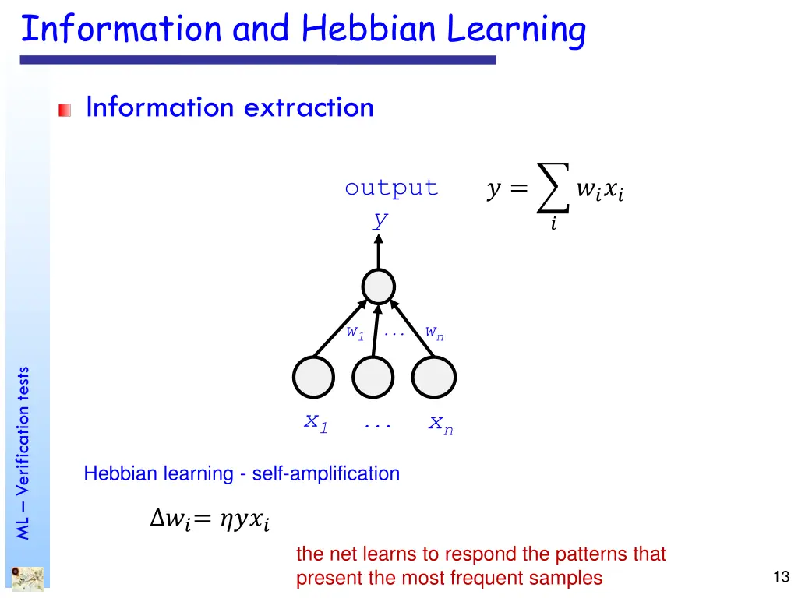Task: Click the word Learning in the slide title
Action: click(516, 31)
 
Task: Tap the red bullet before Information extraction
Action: click(64, 111)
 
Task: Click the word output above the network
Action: click(391, 188)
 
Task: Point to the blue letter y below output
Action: click(380, 220)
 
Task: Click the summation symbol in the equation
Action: click(553, 188)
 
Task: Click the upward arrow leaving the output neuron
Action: click(379, 251)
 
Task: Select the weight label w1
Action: click(355, 332)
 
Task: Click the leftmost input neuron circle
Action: click(313, 378)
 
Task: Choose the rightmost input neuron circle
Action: click(433, 378)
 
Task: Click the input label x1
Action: click(316, 423)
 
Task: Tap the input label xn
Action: click(440, 424)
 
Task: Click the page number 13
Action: click(782, 577)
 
